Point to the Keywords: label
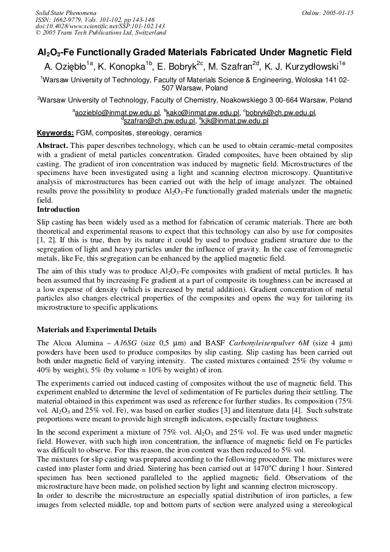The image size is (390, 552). tap(55, 133)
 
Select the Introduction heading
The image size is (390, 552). tap(58, 209)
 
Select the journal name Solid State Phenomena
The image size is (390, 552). tap(66, 13)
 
